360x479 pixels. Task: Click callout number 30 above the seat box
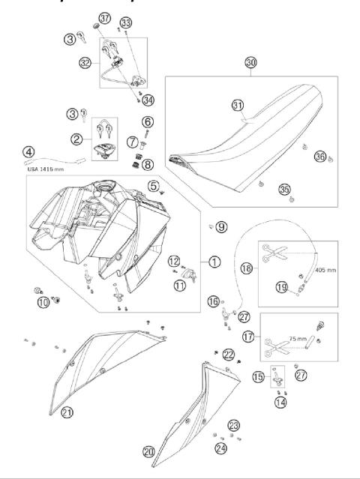pos(250,64)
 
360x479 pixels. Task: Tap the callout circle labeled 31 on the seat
pos(238,106)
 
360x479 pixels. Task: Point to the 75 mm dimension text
pos(298,338)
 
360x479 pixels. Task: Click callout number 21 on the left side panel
pos(67,412)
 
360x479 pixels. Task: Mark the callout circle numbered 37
pos(104,17)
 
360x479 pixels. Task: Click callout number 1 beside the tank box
pos(214,262)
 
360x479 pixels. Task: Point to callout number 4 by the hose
pos(28,153)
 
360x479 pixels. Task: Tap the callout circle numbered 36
pos(319,157)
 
